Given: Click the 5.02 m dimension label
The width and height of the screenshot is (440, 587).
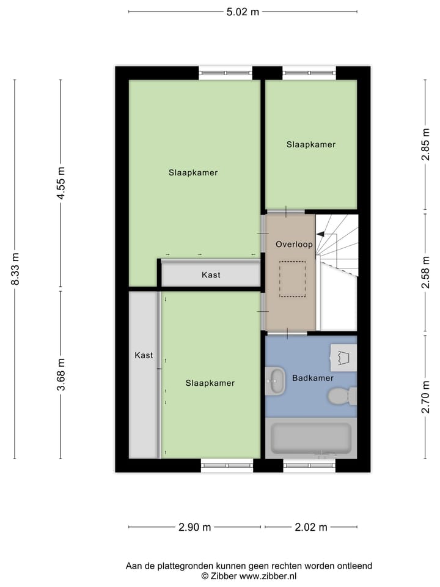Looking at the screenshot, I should click(243, 12).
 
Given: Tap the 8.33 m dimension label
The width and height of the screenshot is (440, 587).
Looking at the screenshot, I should click(15, 269).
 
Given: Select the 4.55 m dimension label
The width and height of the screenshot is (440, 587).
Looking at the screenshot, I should click(61, 183).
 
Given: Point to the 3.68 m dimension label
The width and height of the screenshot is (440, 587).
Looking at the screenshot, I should click(61, 374).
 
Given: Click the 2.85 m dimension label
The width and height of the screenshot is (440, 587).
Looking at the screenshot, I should click(425, 146).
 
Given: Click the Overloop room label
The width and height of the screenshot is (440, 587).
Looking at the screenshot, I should click(294, 244).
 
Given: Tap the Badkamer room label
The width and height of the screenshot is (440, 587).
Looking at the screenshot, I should click(312, 378).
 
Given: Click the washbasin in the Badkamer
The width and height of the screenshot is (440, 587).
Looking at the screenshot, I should click(276, 381).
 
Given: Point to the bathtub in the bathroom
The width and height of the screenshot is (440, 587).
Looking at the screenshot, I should click(311, 438).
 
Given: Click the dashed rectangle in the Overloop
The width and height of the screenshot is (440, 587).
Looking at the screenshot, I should click(293, 279).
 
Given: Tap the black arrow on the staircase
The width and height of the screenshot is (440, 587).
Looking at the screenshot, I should click(320, 234).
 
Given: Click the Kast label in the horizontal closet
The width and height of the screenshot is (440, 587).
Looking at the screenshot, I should click(211, 275).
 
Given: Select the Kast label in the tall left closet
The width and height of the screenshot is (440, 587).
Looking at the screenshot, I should click(144, 355).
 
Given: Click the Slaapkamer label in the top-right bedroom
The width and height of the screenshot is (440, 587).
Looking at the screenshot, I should click(311, 145).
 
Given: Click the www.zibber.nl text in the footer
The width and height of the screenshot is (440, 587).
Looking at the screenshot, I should click(268, 576).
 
